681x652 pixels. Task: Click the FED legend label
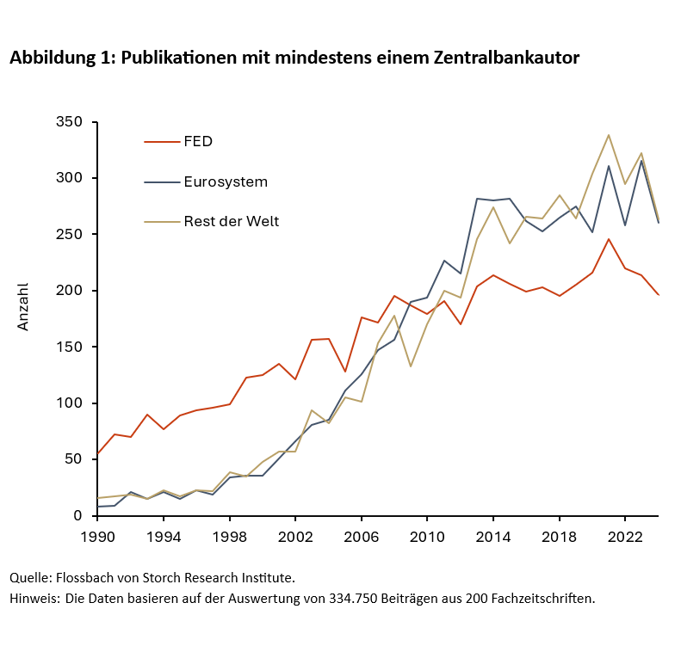coord(198,142)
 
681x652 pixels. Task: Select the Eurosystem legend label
coord(226,181)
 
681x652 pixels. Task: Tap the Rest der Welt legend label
coord(231,221)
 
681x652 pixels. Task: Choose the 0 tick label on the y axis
coord(77,515)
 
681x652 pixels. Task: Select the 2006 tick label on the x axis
coord(361,534)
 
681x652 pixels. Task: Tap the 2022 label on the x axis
coord(624,534)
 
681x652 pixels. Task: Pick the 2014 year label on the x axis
coord(492,534)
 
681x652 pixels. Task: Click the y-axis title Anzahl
coord(24,306)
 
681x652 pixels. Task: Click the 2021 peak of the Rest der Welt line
coord(609,135)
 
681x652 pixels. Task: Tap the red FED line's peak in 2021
coord(609,239)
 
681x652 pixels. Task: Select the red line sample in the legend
coord(161,142)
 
